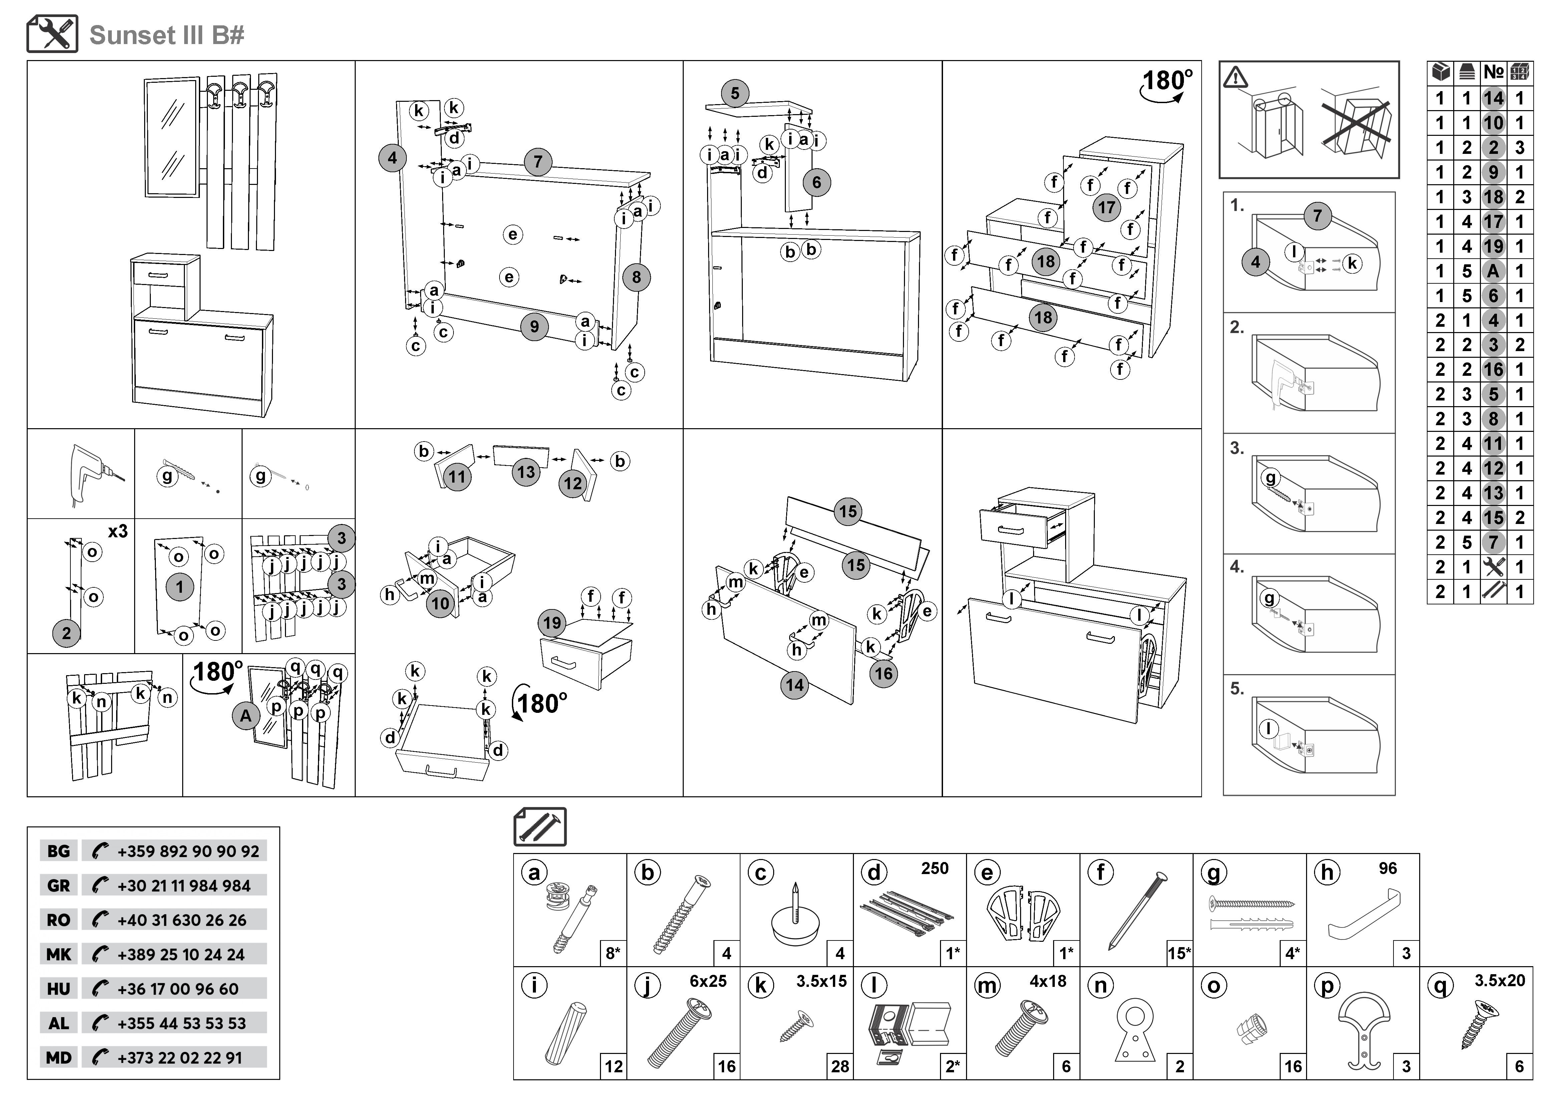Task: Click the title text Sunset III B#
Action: tap(167, 35)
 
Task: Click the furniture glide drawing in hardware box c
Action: tap(796, 918)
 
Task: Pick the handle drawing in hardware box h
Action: tap(1363, 918)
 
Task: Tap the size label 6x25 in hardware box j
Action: tap(708, 981)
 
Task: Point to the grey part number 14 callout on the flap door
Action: tap(795, 684)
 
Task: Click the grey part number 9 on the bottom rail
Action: tap(534, 327)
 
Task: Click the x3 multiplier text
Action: tap(117, 531)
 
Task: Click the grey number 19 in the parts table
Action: tap(1493, 246)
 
